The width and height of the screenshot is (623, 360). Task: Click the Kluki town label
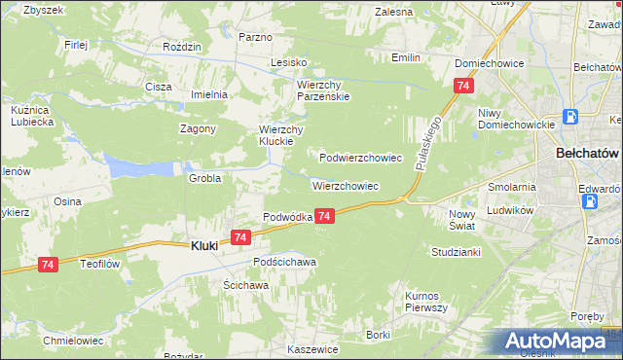coord(202,246)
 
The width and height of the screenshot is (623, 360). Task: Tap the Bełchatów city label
coord(587,154)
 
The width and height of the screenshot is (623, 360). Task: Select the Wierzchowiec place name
coord(345,185)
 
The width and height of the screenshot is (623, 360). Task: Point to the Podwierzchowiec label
coord(361,157)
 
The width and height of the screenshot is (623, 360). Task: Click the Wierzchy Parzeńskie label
coord(323,90)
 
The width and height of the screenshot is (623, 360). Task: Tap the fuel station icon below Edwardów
coord(589,201)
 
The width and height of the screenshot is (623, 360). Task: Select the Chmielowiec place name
coord(72,342)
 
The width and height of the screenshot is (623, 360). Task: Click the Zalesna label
coord(393,12)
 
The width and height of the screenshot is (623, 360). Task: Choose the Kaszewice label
coord(312,348)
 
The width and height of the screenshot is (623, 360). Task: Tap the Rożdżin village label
coord(182,47)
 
